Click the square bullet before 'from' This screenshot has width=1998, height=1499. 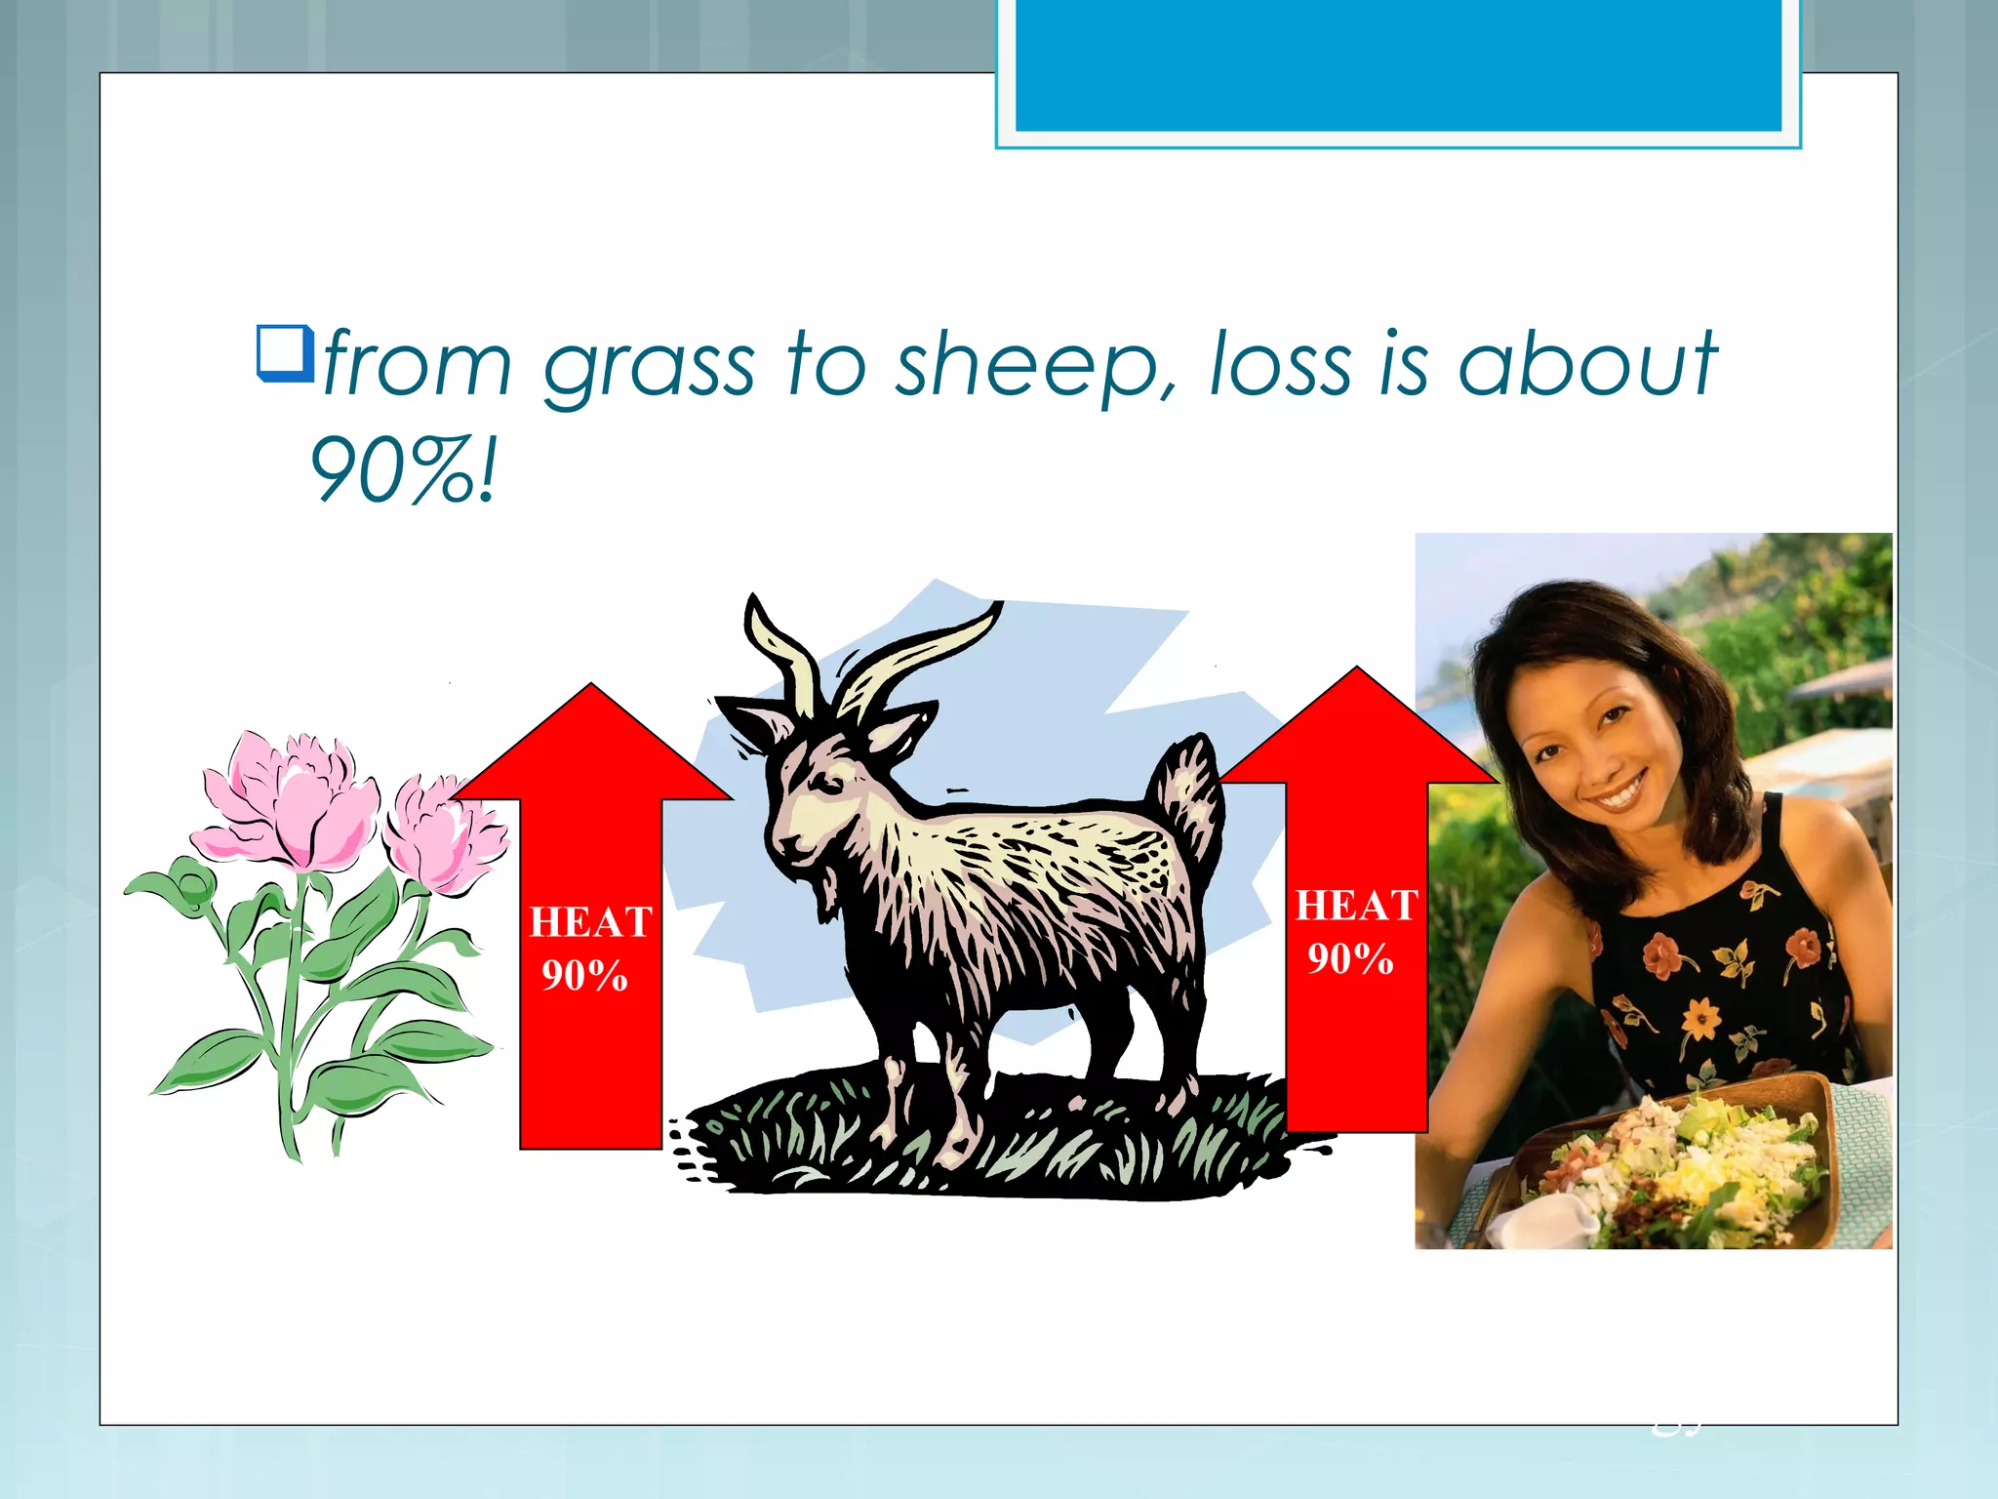coord(283,353)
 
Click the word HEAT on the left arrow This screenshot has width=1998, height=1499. coord(590,922)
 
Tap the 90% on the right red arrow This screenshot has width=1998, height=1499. coord(1350,959)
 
